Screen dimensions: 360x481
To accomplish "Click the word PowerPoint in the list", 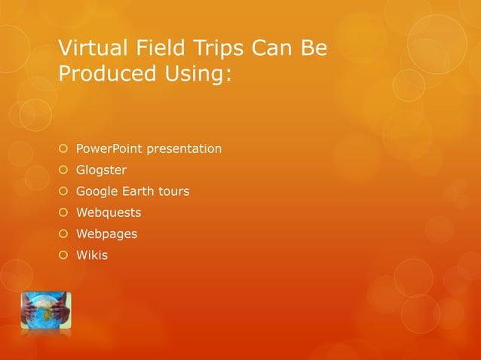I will [109, 148].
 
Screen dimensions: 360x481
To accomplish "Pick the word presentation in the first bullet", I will [184, 148].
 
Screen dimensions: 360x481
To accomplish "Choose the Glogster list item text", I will [101, 170].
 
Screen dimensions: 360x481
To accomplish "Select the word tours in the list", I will [173, 191].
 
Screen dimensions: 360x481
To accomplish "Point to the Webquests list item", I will [108, 212].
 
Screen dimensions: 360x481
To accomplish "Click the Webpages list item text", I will [106, 233].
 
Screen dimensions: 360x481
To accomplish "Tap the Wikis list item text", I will [92, 255].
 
